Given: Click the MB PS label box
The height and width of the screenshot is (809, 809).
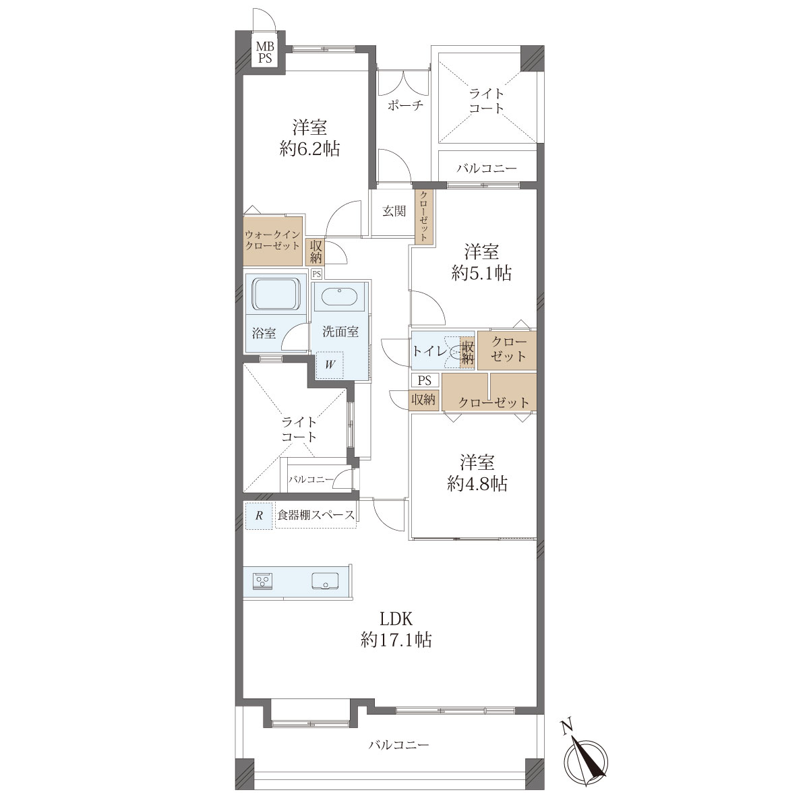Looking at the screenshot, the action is click(264, 52).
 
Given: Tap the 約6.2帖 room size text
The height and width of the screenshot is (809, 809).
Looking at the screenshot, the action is click(309, 149).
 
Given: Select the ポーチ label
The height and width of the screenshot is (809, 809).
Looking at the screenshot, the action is click(405, 105).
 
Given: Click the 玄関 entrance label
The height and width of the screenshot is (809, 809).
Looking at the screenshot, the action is click(394, 211).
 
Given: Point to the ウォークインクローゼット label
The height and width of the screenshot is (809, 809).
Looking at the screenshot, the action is click(272, 240).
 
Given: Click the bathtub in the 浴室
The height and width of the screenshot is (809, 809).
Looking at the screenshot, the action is click(276, 294).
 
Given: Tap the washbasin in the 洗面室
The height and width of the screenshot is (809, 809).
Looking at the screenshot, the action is click(339, 297).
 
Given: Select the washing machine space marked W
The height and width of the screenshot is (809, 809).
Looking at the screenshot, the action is click(330, 365).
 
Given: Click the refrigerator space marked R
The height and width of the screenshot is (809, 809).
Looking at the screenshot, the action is click(259, 515).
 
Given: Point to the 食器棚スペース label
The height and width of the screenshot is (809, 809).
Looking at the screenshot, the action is click(316, 514).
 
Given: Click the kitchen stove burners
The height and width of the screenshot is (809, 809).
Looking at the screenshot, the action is click(263, 581).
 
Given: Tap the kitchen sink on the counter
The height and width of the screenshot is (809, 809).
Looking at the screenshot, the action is click(325, 581).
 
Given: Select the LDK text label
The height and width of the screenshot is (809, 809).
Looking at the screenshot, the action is click(396, 619).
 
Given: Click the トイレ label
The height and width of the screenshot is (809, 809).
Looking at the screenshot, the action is click(429, 350).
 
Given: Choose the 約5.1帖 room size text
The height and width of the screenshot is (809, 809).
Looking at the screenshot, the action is click(481, 274).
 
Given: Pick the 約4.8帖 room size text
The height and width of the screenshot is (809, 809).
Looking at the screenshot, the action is click(477, 484).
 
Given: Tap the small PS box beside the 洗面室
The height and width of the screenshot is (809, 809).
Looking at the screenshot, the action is click(317, 274).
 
